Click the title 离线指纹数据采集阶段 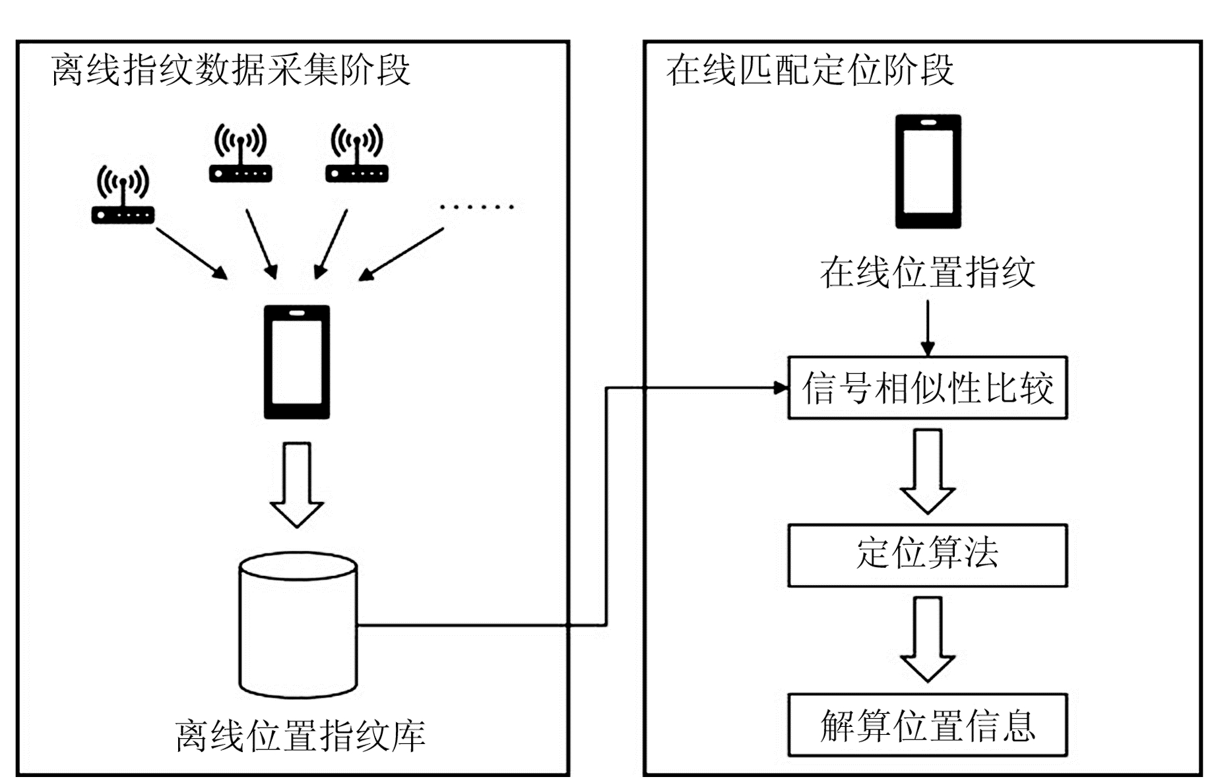point(230,70)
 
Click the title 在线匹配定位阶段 point(810,70)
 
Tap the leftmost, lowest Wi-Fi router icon point(123,195)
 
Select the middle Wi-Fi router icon point(240,154)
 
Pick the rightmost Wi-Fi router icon point(357,154)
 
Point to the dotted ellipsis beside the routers point(476,207)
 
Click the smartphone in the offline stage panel point(297,361)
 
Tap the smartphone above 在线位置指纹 point(928,171)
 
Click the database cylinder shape point(298,625)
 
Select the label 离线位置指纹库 point(300,735)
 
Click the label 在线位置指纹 point(927,272)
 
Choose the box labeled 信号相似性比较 point(927,388)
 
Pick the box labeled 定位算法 point(927,555)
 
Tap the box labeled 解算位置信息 point(927,724)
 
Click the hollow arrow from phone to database point(297,484)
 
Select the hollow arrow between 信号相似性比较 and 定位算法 point(928,471)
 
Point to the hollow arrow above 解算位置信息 point(928,639)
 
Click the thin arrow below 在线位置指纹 point(928,328)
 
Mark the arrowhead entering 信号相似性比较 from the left point(781,388)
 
